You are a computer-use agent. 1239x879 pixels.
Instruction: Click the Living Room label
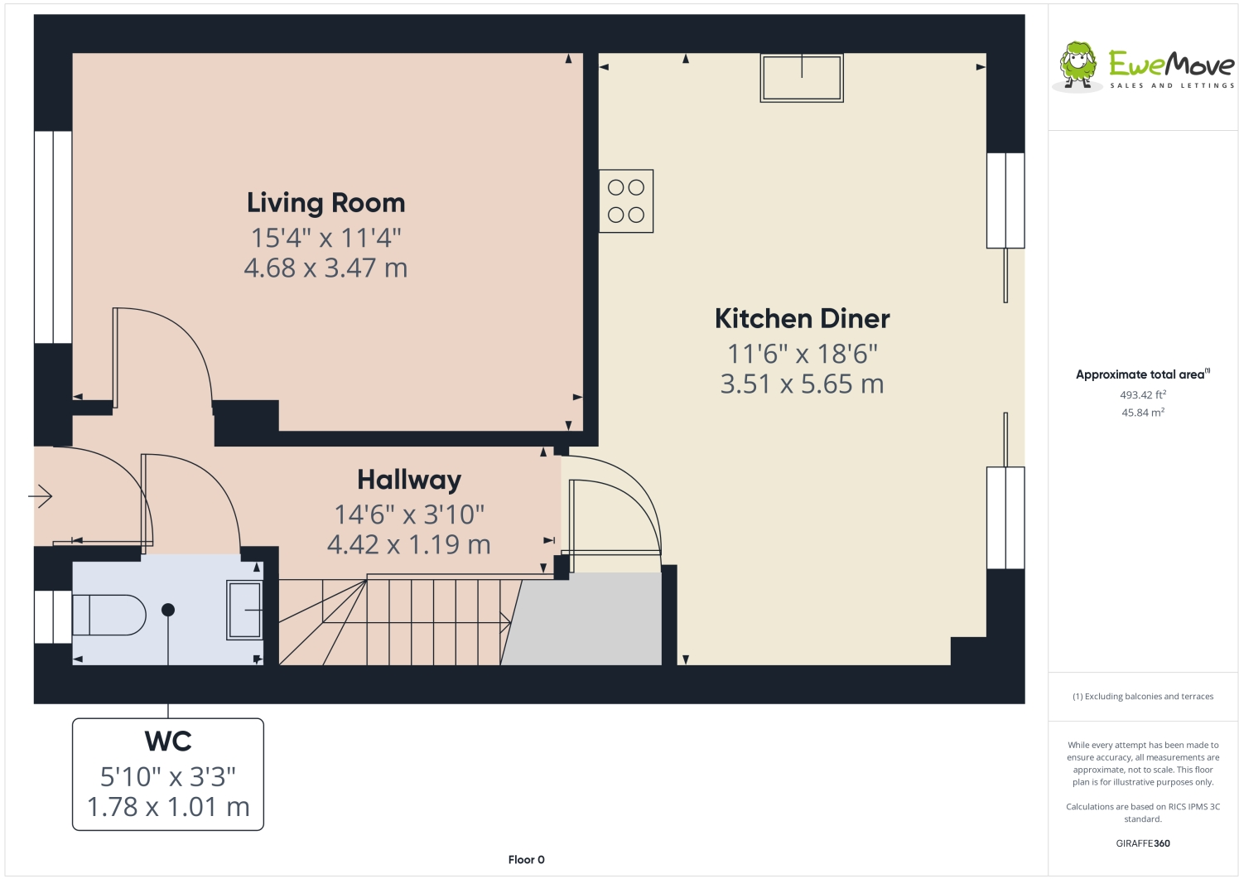point(325,203)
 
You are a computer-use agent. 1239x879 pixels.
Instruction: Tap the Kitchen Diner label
point(802,319)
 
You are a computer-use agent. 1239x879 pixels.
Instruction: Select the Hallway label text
point(409,481)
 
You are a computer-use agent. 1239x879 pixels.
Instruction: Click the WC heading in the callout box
point(168,741)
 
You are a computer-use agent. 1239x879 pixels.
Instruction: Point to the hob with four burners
point(626,200)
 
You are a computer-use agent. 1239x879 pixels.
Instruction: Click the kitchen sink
point(802,77)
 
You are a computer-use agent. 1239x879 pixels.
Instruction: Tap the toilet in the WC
point(109,615)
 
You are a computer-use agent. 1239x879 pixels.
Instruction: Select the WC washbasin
point(244,610)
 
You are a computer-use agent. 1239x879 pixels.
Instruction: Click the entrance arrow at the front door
point(41,495)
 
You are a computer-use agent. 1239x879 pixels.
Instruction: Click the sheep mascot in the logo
point(1077,65)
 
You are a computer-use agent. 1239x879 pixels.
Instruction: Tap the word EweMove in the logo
point(1172,65)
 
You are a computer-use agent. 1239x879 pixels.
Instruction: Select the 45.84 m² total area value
point(1143,413)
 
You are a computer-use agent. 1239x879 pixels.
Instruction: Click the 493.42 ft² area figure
point(1143,395)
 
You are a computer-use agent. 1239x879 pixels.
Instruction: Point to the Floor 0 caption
point(526,860)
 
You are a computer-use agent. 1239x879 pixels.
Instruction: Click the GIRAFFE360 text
point(1143,843)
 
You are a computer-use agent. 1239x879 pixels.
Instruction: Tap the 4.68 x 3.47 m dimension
point(325,268)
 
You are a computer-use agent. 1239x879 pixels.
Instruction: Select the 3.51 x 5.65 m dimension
point(802,384)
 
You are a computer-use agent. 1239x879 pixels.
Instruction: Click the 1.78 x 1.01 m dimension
point(168,807)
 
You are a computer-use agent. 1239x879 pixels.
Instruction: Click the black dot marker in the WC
point(168,610)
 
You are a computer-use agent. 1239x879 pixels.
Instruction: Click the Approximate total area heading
point(1143,374)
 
